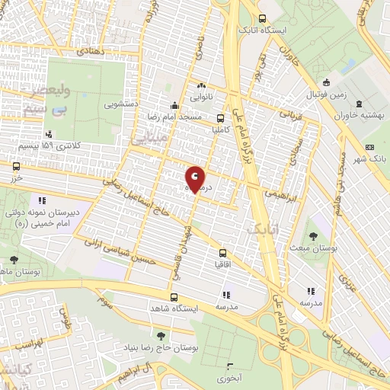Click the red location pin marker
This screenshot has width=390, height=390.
195,178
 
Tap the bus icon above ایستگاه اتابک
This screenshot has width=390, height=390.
262,19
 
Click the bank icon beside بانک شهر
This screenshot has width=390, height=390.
370,147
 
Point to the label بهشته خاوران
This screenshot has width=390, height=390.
359,116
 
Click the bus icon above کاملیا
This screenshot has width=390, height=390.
220,118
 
